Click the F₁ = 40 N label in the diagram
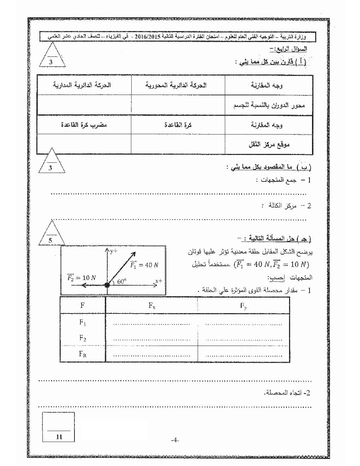click(x=144, y=265)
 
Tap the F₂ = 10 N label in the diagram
click(x=82, y=277)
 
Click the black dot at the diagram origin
click(x=107, y=285)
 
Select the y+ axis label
click(x=113, y=251)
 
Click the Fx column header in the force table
click(x=152, y=306)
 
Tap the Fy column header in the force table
click(x=244, y=306)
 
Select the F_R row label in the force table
click(x=83, y=354)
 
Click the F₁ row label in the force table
click(x=83, y=322)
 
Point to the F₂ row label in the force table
click(x=83, y=338)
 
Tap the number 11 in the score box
click(x=59, y=436)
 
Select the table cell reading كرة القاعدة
click(x=178, y=125)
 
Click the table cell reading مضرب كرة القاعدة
click(x=84, y=125)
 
